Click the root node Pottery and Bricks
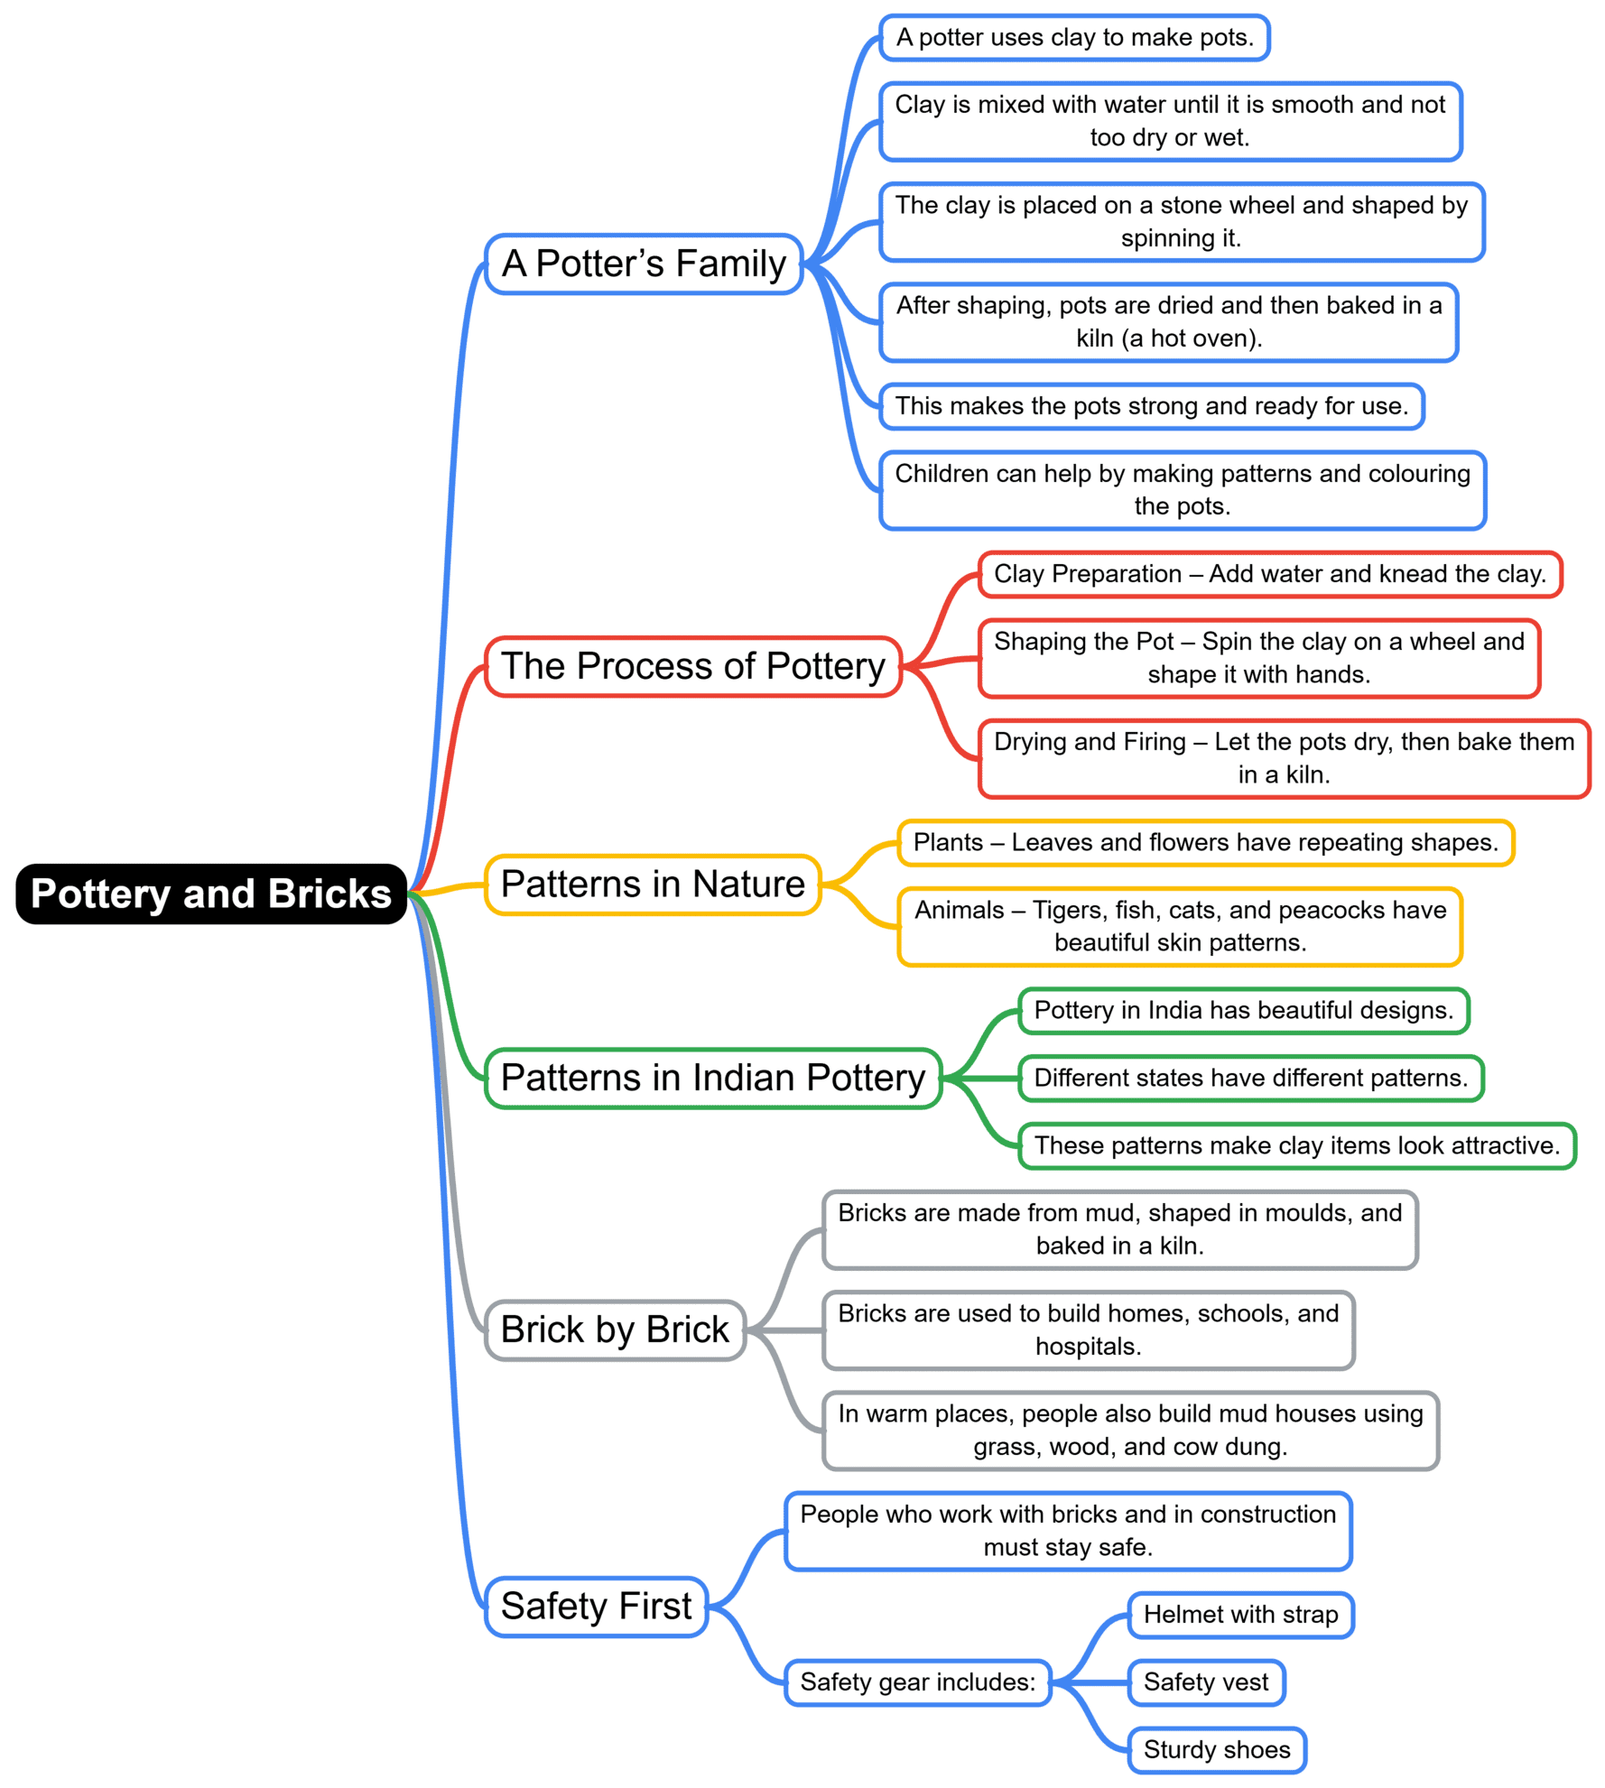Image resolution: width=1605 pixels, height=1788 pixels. coord(210,894)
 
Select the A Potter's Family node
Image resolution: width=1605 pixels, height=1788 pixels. coord(644,264)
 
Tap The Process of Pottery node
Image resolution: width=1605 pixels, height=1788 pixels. coord(692,666)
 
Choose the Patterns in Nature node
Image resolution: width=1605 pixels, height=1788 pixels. coord(652,885)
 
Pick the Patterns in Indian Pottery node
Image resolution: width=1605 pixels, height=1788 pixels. coord(712,1078)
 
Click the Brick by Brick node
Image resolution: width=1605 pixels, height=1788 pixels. coord(615,1329)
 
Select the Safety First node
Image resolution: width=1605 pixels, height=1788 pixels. coord(596,1607)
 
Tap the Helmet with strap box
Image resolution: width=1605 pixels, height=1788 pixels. coord(1240,1615)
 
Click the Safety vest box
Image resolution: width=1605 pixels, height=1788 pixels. coord(1206,1682)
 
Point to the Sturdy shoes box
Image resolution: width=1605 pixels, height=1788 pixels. coord(1217,1750)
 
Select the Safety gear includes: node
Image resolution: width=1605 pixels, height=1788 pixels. coord(917,1682)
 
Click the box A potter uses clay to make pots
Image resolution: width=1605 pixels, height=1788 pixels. coord(1074,38)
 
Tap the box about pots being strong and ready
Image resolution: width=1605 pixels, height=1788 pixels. coord(1151,406)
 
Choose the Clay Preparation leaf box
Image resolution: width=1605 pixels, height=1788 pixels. coord(1269,574)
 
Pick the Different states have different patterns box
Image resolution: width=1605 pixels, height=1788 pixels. coord(1250,1078)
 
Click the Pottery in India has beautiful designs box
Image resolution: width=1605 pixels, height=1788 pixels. coord(1243,1010)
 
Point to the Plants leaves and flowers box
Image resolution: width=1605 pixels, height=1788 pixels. coord(1205,843)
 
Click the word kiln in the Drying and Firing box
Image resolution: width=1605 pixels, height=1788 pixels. coord(1307,775)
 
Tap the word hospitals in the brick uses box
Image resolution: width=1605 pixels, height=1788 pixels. coord(1087,1347)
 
